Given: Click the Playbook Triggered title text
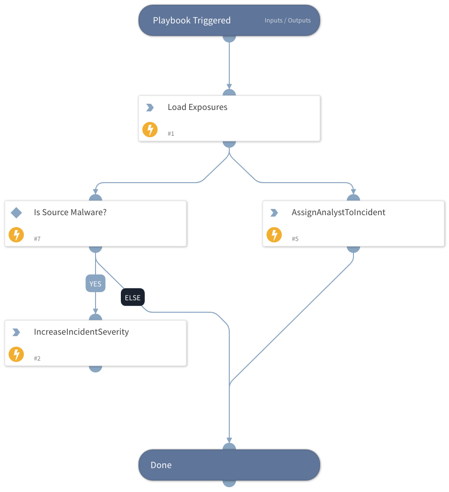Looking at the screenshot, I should coord(192,21).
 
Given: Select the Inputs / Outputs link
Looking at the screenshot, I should coord(288,21).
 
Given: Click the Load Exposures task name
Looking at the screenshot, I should coord(197,107).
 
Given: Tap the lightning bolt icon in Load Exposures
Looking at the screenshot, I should coord(150,130).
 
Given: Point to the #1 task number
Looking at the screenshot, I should coord(171,134).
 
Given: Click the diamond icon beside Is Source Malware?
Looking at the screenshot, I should coord(16,212).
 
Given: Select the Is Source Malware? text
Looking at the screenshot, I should coord(70,212).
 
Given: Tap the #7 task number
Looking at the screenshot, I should coord(37,239).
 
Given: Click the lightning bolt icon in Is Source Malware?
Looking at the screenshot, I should coord(16,235).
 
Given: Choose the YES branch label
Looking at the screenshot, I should coord(96,284).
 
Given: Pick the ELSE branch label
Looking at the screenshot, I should coord(132,297).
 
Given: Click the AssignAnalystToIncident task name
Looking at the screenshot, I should coord(338,212).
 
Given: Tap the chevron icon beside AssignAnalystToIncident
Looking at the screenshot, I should coord(274,213).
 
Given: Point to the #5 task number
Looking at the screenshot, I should coord(295,239).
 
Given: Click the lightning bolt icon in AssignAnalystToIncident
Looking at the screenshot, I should coord(274,235).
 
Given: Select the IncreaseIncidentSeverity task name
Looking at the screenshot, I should coord(81,332).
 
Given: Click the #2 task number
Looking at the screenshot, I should coord(37,358).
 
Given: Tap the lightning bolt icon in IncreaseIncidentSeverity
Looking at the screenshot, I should coord(16,354).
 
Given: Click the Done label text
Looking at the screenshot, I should coord(161,465).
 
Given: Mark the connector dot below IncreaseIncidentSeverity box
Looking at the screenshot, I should coord(96,368).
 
